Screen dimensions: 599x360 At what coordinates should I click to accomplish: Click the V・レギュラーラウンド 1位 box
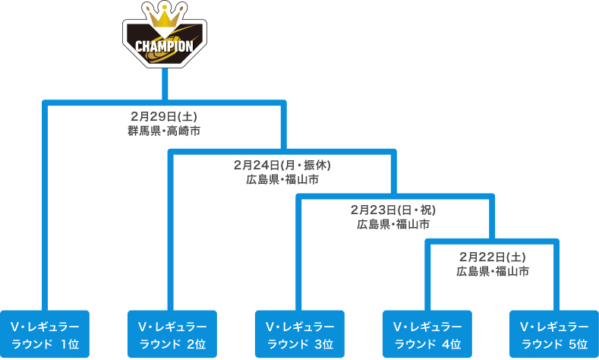[45, 334]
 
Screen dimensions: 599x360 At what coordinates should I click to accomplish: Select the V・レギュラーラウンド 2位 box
[172, 334]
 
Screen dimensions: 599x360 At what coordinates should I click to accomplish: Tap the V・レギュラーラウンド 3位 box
[300, 334]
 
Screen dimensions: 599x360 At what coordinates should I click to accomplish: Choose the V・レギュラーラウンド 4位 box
[427, 334]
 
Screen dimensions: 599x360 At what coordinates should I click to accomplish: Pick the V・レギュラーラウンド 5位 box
[554, 334]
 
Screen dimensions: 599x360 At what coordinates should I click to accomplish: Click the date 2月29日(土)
[164, 116]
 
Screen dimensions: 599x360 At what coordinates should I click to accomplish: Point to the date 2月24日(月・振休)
[282, 165]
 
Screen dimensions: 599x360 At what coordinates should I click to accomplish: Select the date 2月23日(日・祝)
[393, 210]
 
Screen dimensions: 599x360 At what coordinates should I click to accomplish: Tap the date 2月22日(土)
[493, 257]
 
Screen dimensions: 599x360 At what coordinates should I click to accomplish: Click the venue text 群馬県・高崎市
[164, 131]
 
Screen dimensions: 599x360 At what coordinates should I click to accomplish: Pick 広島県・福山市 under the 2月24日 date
[282, 179]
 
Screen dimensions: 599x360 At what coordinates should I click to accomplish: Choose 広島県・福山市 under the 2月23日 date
[393, 224]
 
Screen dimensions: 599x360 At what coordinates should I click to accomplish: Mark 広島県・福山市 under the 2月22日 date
[493, 271]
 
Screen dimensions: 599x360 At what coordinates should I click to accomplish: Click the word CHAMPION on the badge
[164, 46]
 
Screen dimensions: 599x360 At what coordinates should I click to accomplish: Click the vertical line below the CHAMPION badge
[165, 85]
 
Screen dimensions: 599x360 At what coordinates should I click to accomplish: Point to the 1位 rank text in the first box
[70, 344]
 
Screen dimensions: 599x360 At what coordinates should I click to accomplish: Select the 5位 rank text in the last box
[578, 344]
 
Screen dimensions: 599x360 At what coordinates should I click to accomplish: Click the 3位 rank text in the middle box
[324, 344]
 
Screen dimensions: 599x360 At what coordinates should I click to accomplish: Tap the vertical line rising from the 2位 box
[170, 231]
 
